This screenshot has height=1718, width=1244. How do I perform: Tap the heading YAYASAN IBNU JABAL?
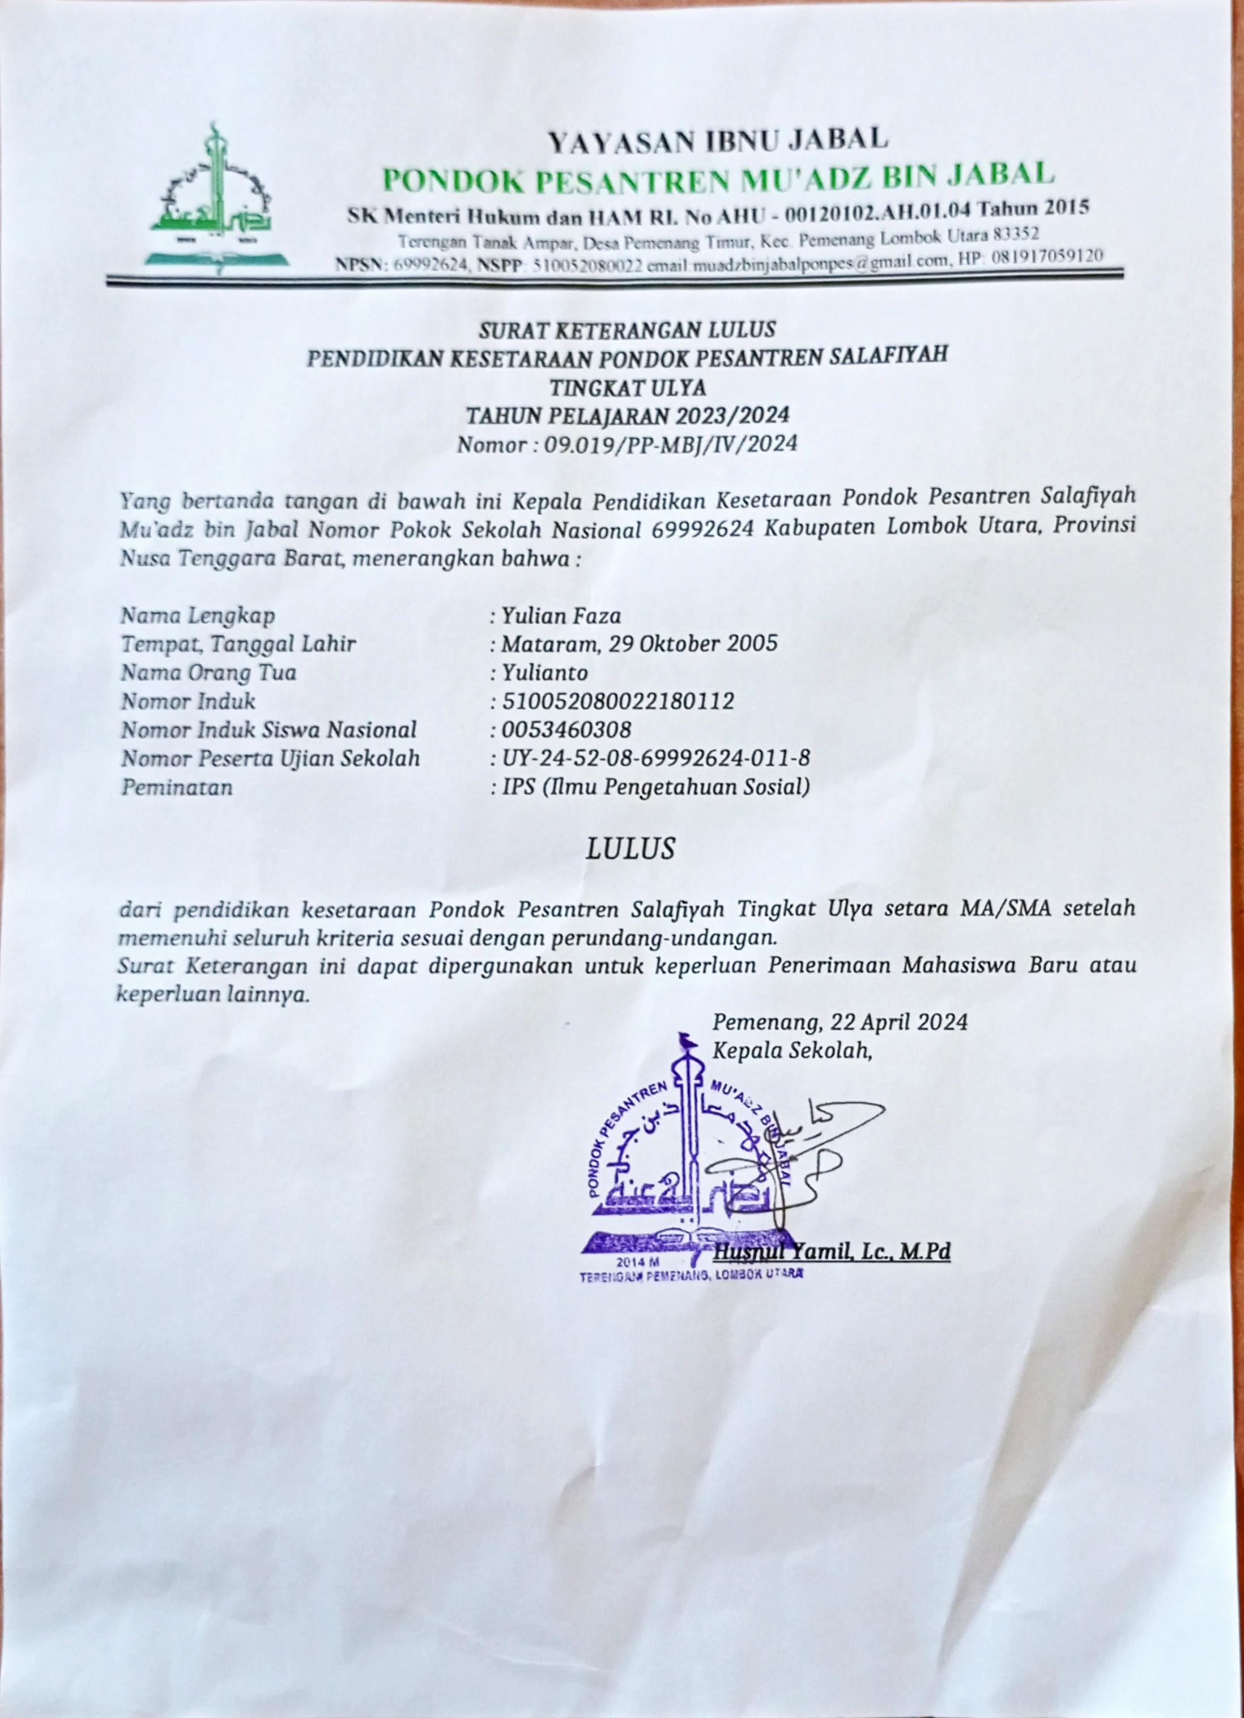pyautogui.click(x=717, y=139)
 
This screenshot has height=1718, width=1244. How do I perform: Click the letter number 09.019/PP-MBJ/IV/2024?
pyautogui.click(x=671, y=444)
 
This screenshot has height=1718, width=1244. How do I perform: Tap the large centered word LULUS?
pyautogui.click(x=630, y=849)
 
